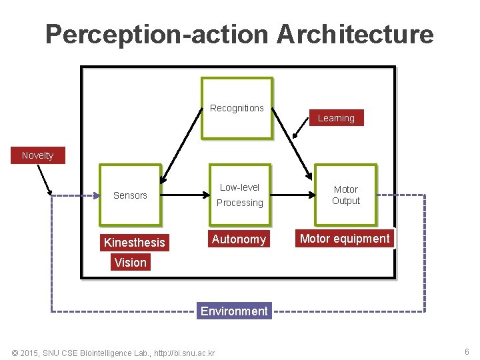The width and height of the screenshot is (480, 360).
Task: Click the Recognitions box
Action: click(237, 108)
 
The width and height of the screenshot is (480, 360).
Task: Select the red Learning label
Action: click(336, 118)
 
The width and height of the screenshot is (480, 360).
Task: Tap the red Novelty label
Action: click(37, 155)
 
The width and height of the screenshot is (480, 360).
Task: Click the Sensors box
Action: click(130, 195)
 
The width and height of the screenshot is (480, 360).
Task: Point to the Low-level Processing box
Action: click(241, 195)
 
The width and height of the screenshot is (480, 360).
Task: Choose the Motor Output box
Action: click(345, 195)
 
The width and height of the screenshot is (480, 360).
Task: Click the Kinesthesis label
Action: click(134, 243)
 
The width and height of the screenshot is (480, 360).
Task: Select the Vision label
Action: click(130, 263)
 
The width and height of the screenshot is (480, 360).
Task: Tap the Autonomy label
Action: click(239, 239)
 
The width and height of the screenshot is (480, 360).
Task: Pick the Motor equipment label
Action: click(345, 239)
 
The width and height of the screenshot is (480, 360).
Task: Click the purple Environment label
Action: click(234, 311)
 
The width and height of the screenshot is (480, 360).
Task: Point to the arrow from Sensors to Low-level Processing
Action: click(187, 195)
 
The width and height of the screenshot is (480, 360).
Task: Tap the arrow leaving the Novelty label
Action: click(45, 179)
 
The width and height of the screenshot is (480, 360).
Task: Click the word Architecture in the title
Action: click(355, 34)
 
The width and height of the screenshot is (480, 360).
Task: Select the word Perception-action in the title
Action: click(157, 34)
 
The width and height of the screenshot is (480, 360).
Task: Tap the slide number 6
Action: click(467, 351)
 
